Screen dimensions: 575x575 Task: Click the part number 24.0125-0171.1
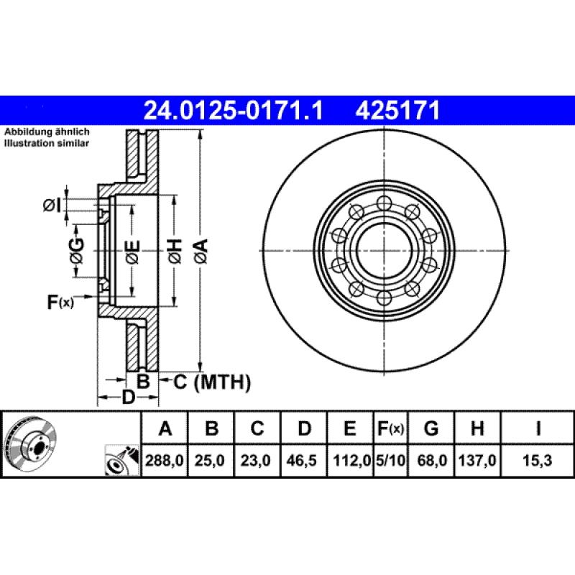(x=234, y=110)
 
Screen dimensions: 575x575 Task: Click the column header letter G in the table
(x=431, y=430)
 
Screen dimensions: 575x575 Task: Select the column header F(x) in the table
(x=390, y=430)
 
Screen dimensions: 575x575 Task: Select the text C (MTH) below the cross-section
(x=212, y=382)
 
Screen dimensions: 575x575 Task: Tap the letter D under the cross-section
(x=128, y=397)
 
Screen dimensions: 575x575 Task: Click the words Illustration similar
(x=47, y=144)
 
